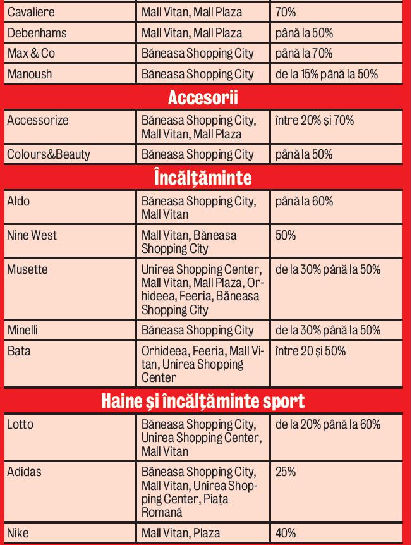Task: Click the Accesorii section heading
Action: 205,98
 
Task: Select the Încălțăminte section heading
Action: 205,178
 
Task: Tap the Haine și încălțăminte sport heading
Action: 205,401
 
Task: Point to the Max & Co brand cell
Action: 31,53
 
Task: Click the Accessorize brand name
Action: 37,119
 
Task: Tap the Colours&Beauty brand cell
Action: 48,154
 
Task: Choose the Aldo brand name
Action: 18,201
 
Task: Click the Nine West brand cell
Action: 32,235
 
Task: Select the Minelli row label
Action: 23,330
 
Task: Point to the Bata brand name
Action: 18,352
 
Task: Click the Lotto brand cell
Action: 20,425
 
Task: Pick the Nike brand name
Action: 18,534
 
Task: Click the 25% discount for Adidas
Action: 286,472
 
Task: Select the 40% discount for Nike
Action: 286,534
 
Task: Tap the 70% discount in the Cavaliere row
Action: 285,12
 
